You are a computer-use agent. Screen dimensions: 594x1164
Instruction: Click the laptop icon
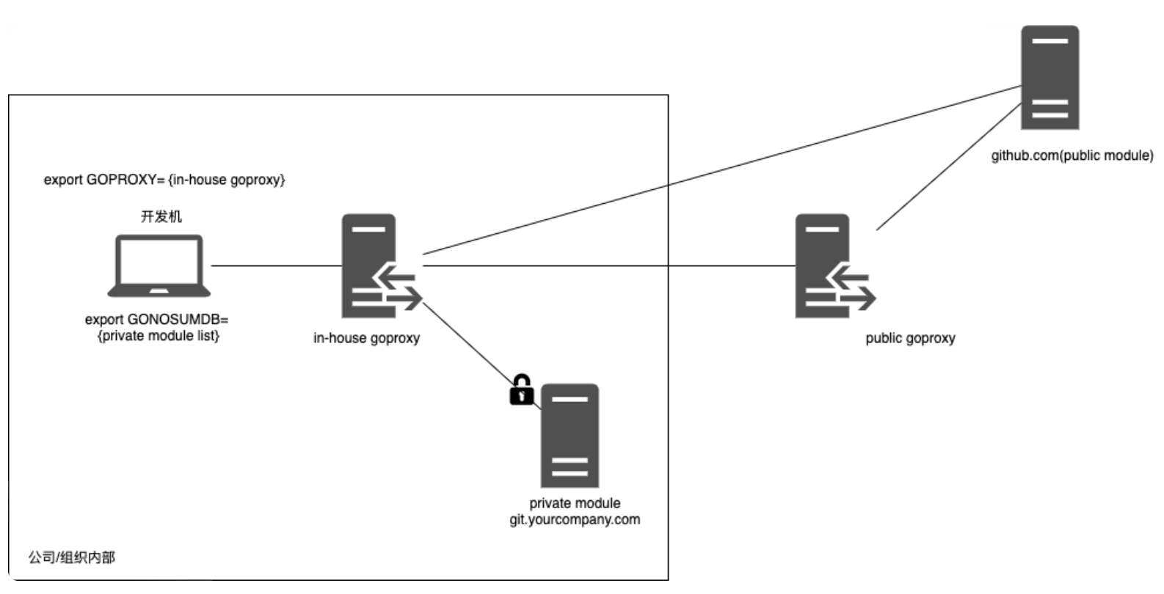(159, 265)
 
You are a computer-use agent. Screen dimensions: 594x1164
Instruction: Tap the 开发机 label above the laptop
(161, 216)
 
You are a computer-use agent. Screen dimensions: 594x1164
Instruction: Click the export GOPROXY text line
(164, 180)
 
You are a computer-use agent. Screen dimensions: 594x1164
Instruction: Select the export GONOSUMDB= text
(157, 320)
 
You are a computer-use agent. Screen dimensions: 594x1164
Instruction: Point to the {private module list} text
(159, 336)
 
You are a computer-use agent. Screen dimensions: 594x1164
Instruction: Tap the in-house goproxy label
(366, 338)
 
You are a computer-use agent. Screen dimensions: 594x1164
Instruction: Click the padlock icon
(521, 390)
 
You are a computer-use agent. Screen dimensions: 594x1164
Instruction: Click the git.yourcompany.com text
(575, 519)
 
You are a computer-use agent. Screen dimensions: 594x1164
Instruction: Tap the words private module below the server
(575, 503)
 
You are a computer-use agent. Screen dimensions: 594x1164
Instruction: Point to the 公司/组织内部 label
(72, 557)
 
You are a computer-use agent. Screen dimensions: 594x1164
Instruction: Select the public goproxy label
(910, 338)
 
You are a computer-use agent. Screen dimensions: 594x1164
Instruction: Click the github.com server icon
(1050, 77)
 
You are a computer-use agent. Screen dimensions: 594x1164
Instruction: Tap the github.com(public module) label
(1072, 155)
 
